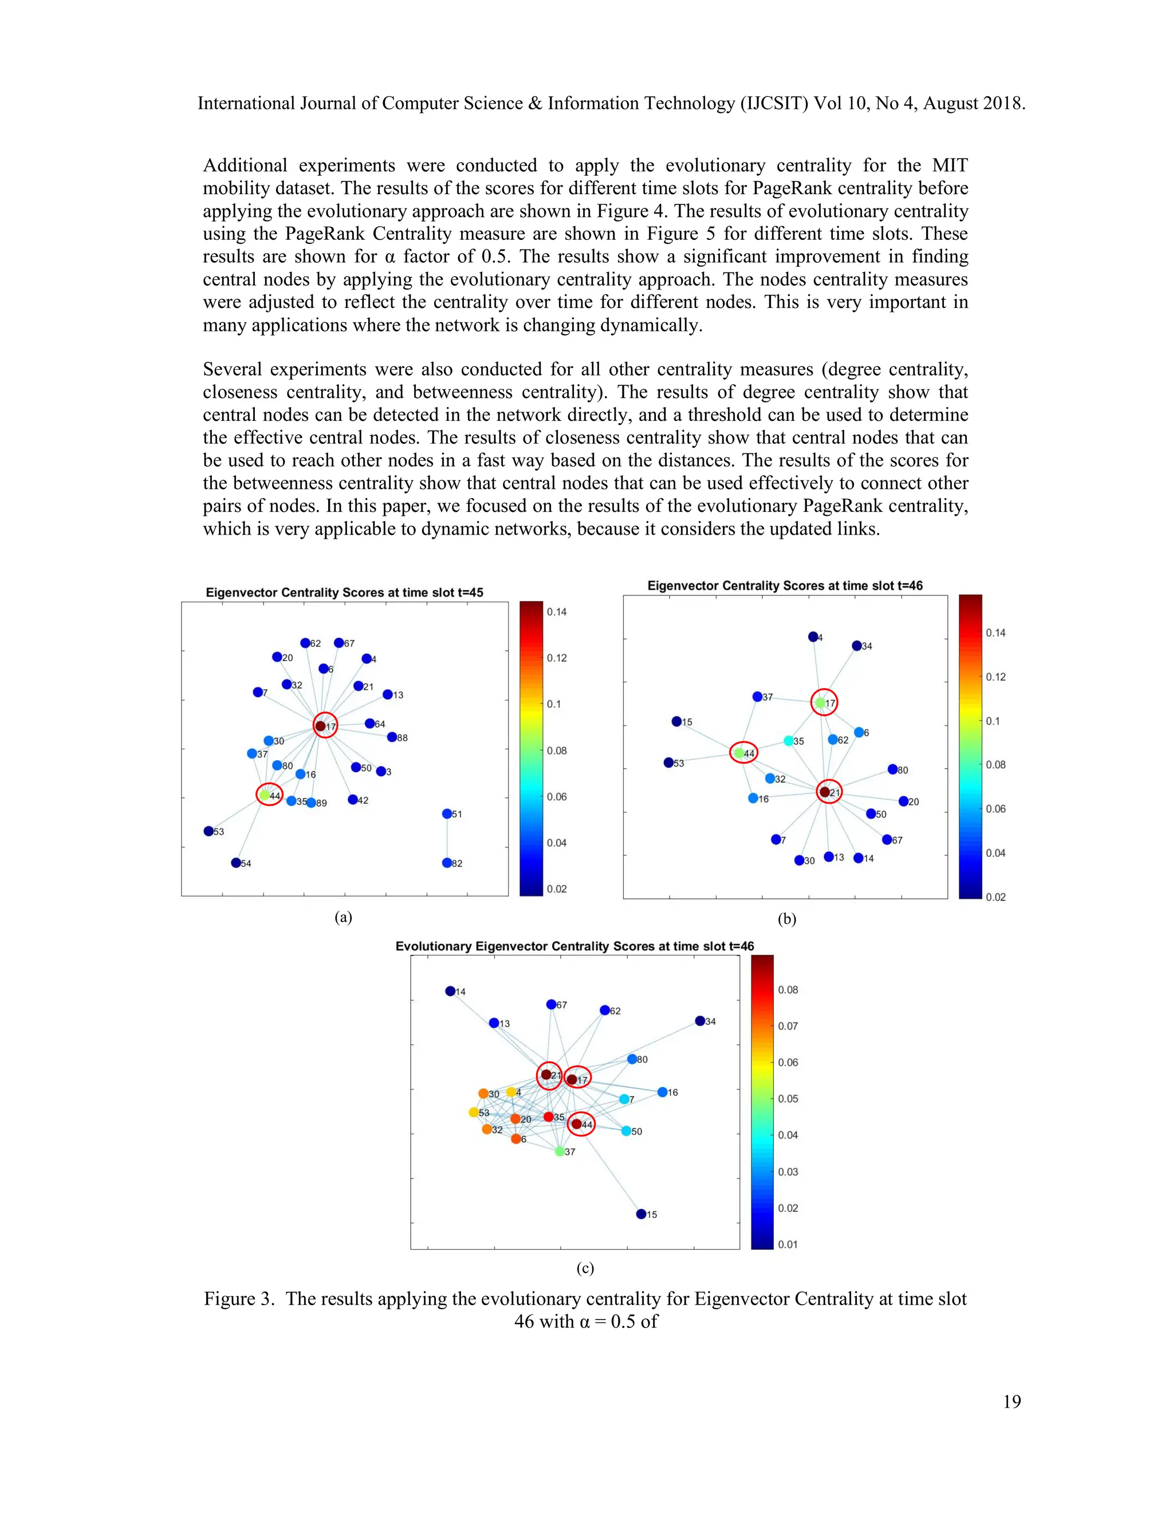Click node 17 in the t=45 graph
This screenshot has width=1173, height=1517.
(320, 726)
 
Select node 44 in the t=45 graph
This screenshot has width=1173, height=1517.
(265, 795)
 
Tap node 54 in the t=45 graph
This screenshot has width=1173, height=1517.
(235, 863)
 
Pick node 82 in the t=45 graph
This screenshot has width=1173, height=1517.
(447, 863)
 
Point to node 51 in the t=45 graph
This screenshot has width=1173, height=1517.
(447, 813)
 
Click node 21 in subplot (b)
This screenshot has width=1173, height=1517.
(824, 792)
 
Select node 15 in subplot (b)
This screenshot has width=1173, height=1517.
(676, 721)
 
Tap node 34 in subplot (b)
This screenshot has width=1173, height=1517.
(857, 645)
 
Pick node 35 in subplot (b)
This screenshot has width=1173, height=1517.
(789, 740)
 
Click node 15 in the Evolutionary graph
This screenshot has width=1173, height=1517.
(641, 1214)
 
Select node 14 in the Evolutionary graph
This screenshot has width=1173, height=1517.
(450, 991)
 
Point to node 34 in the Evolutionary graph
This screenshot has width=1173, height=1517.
(700, 1020)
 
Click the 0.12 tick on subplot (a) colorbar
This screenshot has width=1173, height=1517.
(556, 658)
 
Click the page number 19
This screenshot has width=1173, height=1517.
(1012, 1402)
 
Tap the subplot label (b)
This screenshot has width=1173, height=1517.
(786, 919)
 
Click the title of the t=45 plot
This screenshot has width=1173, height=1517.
(344, 592)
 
